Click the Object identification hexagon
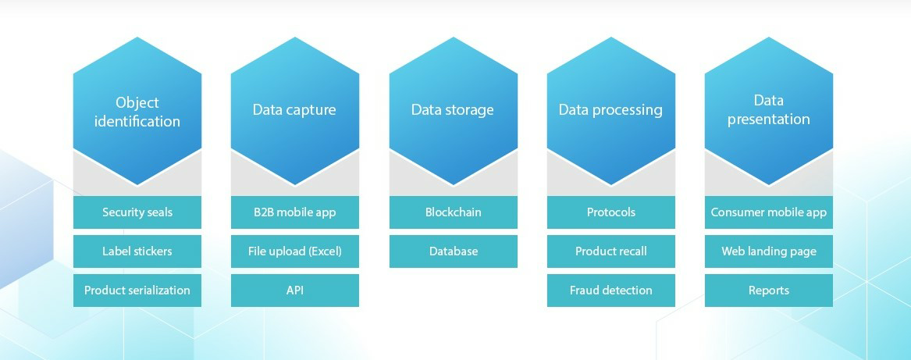point(137,112)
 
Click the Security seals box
point(137,212)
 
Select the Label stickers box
point(137,251)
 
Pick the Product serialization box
point(137,290)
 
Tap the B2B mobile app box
point(295,212)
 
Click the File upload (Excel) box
point(295,251)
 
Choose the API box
point(295,290)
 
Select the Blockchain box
point(454,212)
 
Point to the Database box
point(454,251)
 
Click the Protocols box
point(611,212)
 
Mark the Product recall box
point(611,251)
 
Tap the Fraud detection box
point(611,290)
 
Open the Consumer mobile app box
point(769,212)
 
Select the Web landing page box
point(769,251)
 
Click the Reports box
point(769,290)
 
